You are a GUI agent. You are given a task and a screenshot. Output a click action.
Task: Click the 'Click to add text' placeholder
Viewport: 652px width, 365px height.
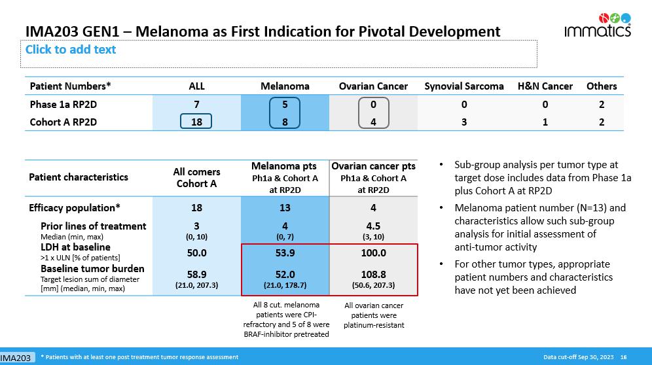tap(71, 50)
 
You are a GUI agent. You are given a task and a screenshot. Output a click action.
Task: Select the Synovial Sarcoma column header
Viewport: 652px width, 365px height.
tap(464, 86)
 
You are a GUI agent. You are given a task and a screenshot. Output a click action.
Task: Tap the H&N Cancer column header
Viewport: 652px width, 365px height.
tap(545, 86)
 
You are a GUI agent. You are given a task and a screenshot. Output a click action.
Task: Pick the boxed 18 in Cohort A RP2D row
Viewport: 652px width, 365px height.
tap(196, 122)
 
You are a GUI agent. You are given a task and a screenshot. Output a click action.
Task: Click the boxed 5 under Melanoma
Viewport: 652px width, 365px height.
tap(285, 104)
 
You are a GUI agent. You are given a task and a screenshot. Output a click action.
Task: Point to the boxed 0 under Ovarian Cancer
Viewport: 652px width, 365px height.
tap(373, 104)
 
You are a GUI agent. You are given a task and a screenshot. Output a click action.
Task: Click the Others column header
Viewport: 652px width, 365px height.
tap(602, 86)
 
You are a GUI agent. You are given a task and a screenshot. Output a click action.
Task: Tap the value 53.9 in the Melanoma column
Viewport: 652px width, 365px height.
tap(285, 252)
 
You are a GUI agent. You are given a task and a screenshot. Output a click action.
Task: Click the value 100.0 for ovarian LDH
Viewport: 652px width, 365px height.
tap(373, 252)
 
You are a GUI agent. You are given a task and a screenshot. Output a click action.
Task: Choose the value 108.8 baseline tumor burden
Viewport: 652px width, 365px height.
tap(373, 275)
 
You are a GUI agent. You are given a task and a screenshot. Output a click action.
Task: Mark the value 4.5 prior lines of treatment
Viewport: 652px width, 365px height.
tap(373, 227)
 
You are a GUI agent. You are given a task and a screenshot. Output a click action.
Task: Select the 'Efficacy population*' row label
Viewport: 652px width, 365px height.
tap(75, 208)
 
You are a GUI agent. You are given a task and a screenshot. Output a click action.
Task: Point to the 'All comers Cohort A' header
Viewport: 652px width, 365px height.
tap(196, 177)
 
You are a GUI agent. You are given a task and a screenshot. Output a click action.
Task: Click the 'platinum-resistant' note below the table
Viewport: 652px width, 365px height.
tap(374, 324)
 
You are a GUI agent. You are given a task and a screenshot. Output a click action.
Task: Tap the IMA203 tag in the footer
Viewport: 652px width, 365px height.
tap(16, 358)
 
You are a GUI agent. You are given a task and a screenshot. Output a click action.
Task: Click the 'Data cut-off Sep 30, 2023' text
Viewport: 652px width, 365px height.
tap(578, 357)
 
